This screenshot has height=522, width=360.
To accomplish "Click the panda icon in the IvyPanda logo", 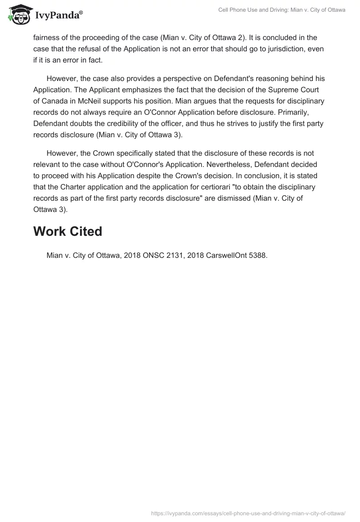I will [18, 15].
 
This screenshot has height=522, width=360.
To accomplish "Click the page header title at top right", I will [282, 10].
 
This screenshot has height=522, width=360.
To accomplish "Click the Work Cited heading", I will [67, 231].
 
